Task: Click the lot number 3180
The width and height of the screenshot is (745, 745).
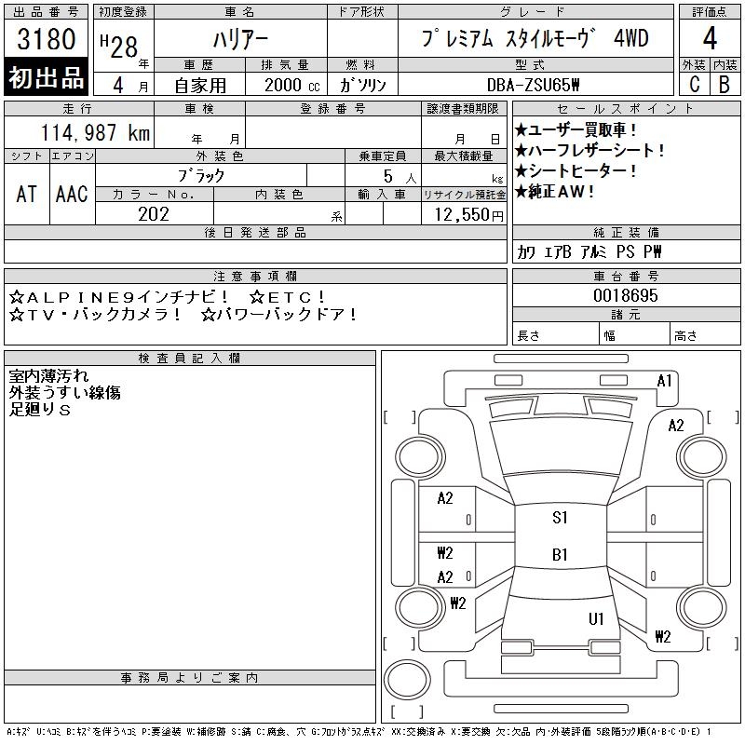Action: click(x=46, y=41)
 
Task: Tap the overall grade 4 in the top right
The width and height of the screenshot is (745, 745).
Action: click(x=710, y=40)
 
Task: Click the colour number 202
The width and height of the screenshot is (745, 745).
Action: click(x=154, y=214)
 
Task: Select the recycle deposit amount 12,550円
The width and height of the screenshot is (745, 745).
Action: click(x=464, y=215)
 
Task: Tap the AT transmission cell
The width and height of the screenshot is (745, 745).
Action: click(x=26, y=195)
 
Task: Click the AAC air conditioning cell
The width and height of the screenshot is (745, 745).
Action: click(x=72, y=195)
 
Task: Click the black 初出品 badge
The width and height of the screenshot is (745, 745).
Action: click(x=46, y=78)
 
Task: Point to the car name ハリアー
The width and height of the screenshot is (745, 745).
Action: click(x=239, y=40)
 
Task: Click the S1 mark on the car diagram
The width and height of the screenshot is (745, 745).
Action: click(x=560, y=518)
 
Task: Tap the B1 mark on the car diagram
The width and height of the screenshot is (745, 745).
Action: click(x=560, y=555)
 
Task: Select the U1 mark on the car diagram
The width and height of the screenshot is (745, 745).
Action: click(x=596, y=618)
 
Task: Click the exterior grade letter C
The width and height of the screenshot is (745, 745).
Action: click(x=694, y=85)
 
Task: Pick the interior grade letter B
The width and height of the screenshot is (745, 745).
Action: click(x=725, y=85)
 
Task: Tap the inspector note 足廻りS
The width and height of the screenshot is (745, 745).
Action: click(x=40, y=410)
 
